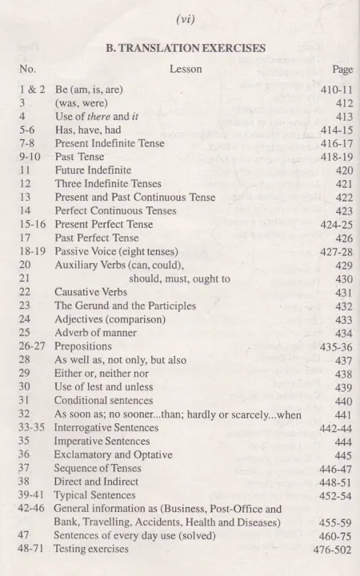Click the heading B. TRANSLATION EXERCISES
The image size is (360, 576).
(186, 48)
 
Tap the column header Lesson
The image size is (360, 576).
(186, 70)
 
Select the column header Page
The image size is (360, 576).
(342, 70)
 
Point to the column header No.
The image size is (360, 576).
(27, 70)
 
